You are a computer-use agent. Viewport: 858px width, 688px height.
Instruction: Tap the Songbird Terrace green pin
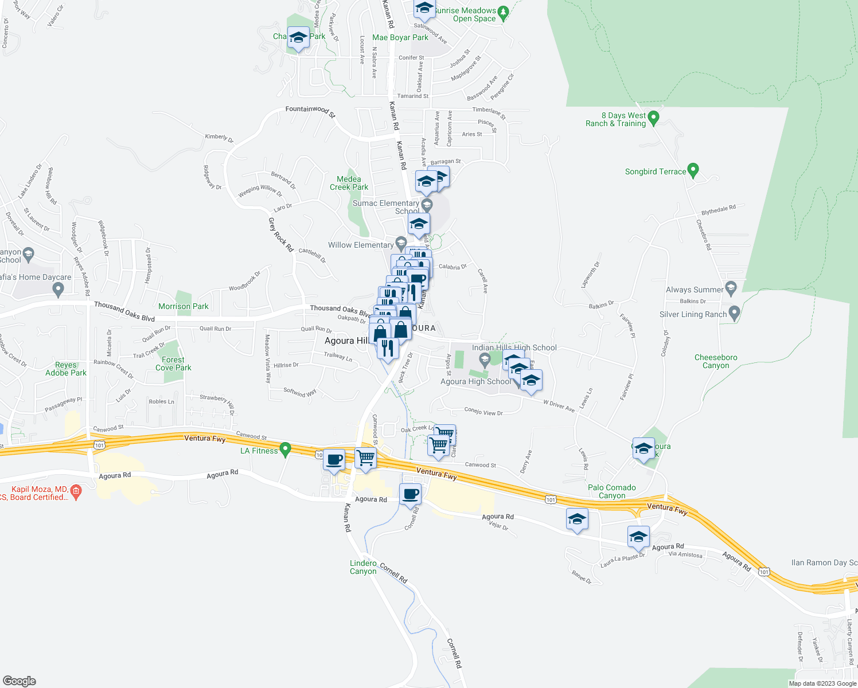click(693, 170)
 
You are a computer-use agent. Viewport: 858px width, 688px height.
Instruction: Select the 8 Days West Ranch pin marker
click(653, 118)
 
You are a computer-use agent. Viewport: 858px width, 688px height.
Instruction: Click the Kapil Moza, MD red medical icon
click(76, 491)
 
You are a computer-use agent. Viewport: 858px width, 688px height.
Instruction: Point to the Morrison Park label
click(184, 307)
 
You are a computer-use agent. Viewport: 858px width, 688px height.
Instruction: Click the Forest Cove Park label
click(173, 364)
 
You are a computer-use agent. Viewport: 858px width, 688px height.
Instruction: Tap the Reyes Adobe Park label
click(66, 369)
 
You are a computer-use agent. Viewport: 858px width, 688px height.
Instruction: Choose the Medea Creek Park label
click(349, 183)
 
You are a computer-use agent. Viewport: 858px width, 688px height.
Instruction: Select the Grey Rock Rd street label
click(281, 234)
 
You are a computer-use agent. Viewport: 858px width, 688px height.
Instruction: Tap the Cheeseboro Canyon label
click(716, 361)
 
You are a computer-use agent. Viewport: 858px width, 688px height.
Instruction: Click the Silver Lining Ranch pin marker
click(734, 314)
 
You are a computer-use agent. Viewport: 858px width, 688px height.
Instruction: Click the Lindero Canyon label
click(363, 567)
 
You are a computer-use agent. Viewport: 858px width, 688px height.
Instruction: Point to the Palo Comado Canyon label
click(611, 491)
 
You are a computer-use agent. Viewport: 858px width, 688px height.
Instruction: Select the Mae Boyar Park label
click(400, 38)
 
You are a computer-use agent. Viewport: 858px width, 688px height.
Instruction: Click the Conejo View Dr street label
click(483, 413)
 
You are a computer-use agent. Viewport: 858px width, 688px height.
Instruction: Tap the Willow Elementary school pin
click(401, 243)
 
